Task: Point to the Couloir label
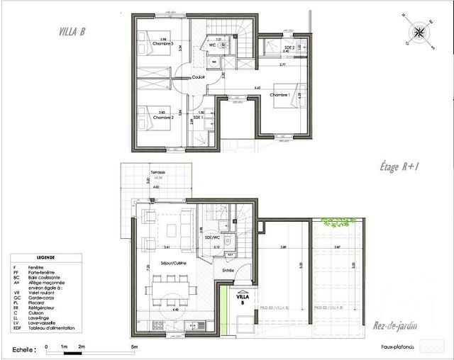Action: click(188, 77)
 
